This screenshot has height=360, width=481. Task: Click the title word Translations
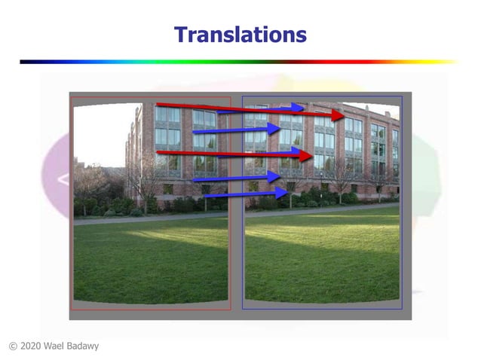[240, 35]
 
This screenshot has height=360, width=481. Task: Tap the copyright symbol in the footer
[13, 346]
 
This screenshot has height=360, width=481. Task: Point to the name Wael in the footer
[60, 346]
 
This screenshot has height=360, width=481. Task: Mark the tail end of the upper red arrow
[158, 104]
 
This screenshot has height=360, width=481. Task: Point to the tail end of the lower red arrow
[158, 152]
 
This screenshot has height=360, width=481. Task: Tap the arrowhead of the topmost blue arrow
[299, 107]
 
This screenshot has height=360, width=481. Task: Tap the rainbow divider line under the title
[240, 61]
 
